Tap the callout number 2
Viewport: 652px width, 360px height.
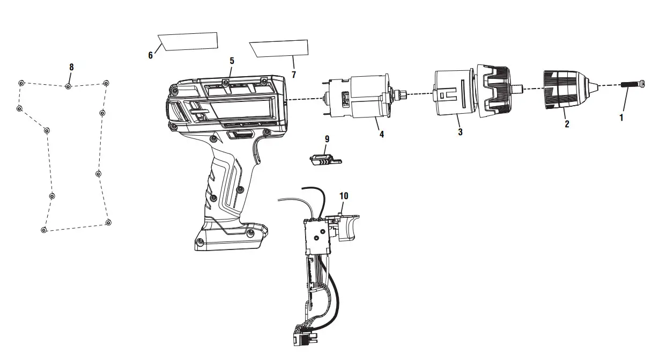click(567, 124)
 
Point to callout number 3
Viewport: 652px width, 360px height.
click(460, 132)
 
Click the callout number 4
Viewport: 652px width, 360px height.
click(382, 135)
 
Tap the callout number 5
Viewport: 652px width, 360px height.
click(232, 61)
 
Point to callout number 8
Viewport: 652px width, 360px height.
click(71, 67)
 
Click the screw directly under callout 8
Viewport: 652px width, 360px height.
click(68, 86)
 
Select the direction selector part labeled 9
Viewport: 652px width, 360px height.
click(324, 159)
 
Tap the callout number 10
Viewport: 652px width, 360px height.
click(344, 196)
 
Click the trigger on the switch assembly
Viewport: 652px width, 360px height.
click(348, 230)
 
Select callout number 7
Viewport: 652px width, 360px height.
click(293, 75)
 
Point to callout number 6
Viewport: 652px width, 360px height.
click(151, 55)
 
